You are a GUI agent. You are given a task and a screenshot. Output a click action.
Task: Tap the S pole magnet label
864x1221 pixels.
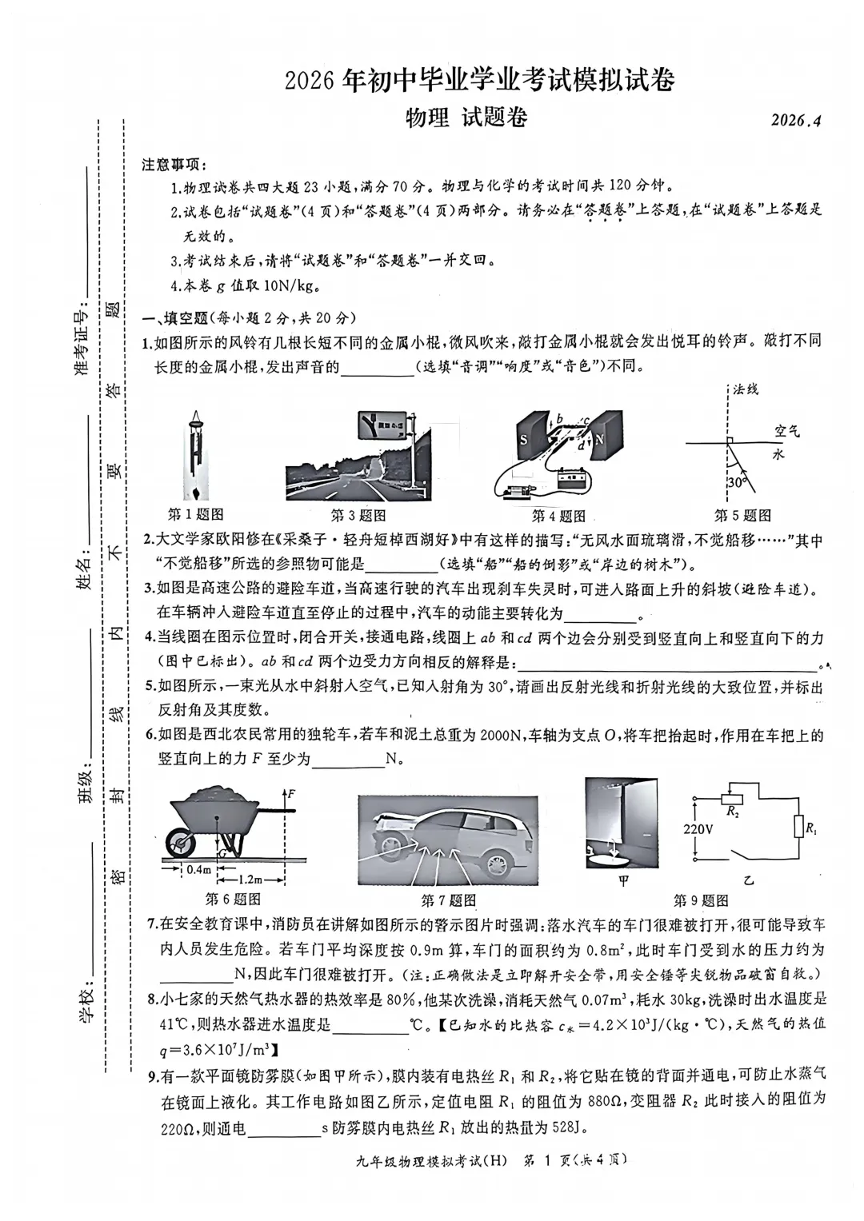point(523,439)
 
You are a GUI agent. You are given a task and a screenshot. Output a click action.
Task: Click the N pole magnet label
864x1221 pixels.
point(599,439)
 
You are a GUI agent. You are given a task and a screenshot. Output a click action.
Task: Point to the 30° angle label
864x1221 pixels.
point(735,482)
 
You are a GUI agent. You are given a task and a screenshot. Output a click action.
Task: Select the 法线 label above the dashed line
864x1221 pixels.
point(746,389)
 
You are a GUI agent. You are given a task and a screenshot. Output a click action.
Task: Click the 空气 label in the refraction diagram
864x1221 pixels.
point(787,431)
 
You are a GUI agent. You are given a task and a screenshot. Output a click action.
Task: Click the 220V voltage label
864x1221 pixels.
point(698,829)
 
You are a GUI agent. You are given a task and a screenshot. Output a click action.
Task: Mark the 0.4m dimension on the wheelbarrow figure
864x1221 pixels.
point(198,870)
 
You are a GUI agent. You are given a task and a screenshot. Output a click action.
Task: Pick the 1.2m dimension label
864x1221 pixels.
point(250,880)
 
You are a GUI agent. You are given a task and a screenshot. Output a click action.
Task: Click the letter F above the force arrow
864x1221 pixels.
point(291,793)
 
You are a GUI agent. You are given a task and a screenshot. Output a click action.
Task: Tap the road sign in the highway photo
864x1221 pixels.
point(382,426)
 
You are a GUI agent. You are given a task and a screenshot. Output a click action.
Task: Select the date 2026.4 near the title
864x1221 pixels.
point(796,120)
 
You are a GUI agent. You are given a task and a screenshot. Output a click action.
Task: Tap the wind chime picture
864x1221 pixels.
point(195,456)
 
